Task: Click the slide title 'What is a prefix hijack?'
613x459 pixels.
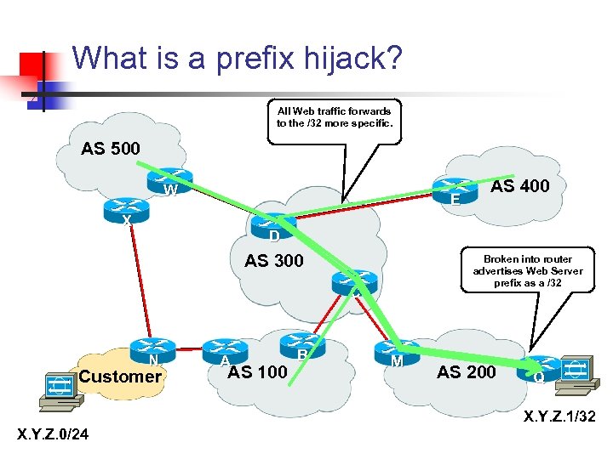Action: tap(238, 59)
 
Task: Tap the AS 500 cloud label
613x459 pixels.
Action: tap(111, 150)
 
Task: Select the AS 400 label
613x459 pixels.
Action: tap(520, 185)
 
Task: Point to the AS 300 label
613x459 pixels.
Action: tap(274, 260)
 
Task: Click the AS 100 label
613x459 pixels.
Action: tap(258, 371)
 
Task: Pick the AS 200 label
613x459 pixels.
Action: tap(467, 371)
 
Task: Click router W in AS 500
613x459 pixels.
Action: tap(167, 181)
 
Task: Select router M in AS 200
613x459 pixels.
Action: tap(396, 352)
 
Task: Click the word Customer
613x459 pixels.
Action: tap(120, 376)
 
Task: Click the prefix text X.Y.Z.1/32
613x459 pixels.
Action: tap(559, 416)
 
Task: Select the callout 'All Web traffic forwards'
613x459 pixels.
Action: tap(334, 116)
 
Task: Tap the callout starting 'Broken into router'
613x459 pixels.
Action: tap(528, 270)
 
